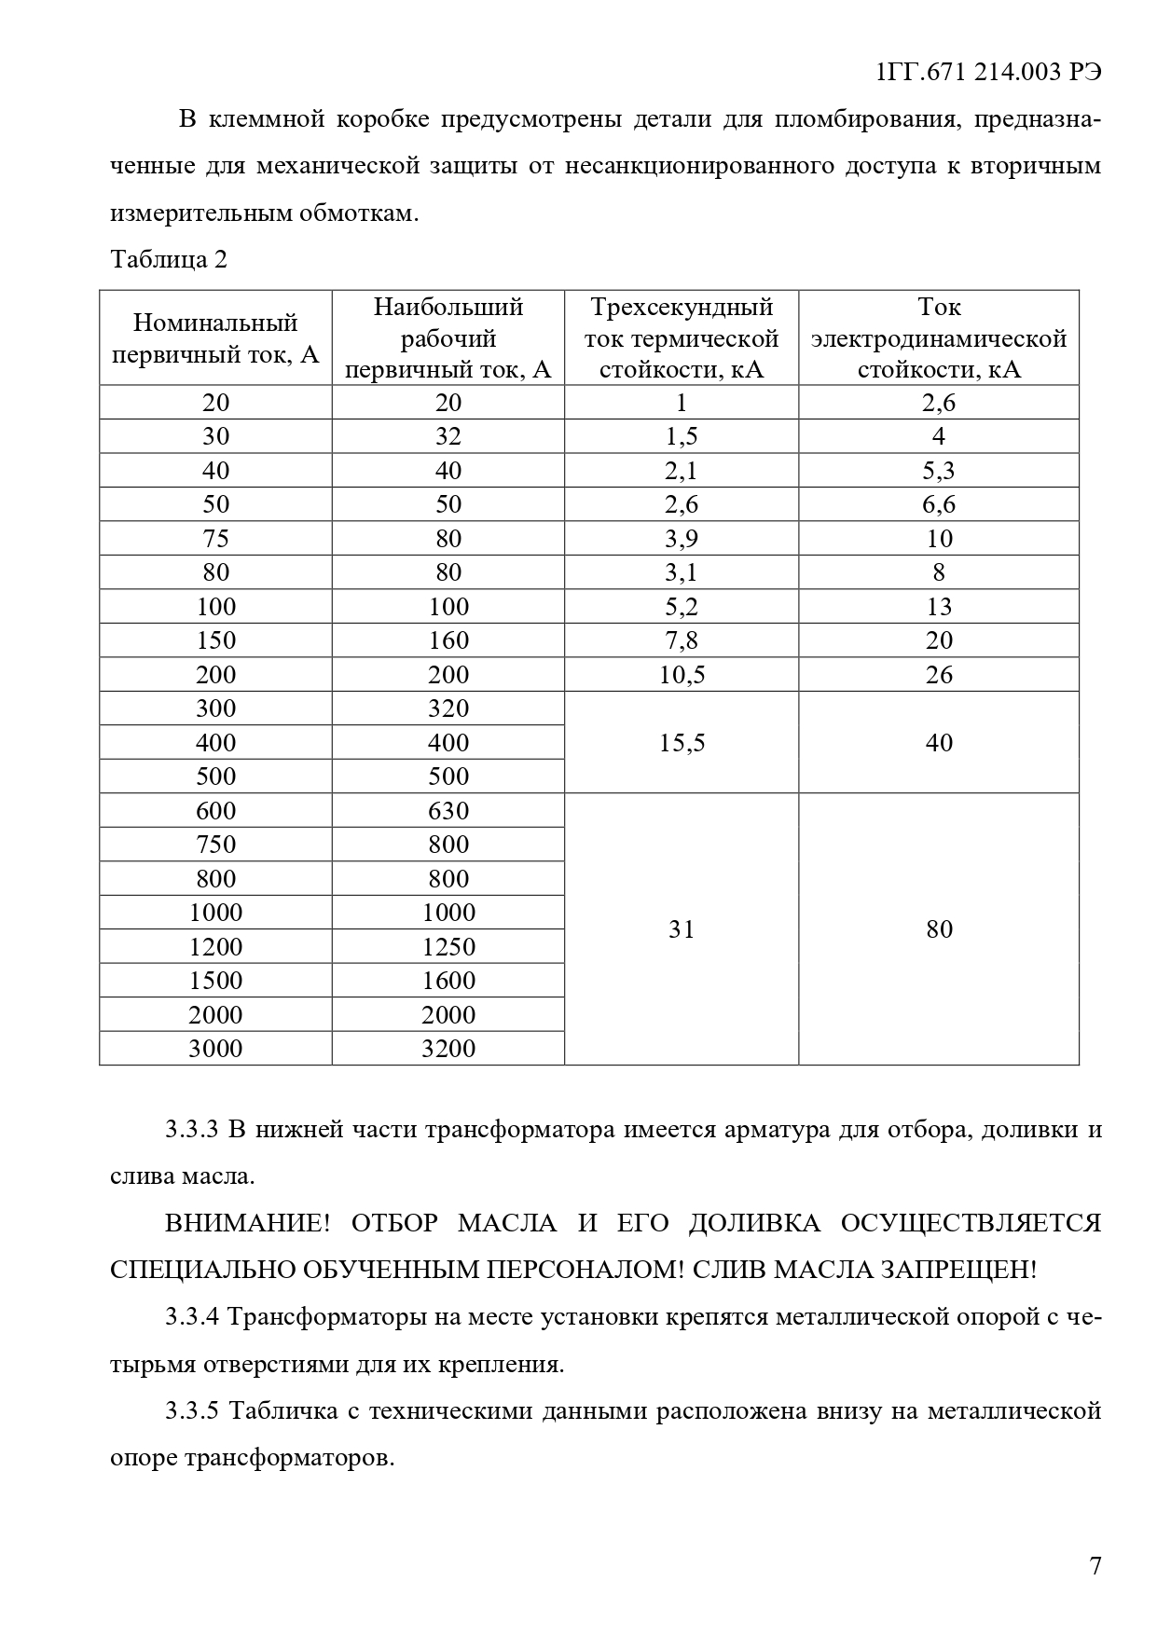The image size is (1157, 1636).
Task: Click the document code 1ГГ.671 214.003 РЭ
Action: (989, 73)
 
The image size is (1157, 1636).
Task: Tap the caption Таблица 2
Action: (169, 260)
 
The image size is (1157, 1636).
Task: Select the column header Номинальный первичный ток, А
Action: (215, 338)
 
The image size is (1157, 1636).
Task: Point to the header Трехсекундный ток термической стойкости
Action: (682, 338)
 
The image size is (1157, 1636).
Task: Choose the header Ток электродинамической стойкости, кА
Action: (939, 338)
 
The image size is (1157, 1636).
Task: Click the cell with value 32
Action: (448, 436)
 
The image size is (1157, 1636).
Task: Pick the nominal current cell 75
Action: (216, 539)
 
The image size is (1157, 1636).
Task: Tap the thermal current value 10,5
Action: (682, 675)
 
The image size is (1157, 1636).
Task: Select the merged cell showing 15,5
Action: (682, 743)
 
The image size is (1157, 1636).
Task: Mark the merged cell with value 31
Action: (682, 929)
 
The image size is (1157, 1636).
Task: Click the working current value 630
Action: (448, 811)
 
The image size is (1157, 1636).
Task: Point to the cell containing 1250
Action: (448, 947)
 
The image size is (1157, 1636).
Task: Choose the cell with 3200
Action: (448, 1049)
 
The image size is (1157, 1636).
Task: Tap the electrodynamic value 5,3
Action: (939, 471)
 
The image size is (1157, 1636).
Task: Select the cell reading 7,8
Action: (682, 640)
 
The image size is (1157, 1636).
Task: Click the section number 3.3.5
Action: (191, 1411)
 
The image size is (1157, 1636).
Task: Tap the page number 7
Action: (1095, 1566)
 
